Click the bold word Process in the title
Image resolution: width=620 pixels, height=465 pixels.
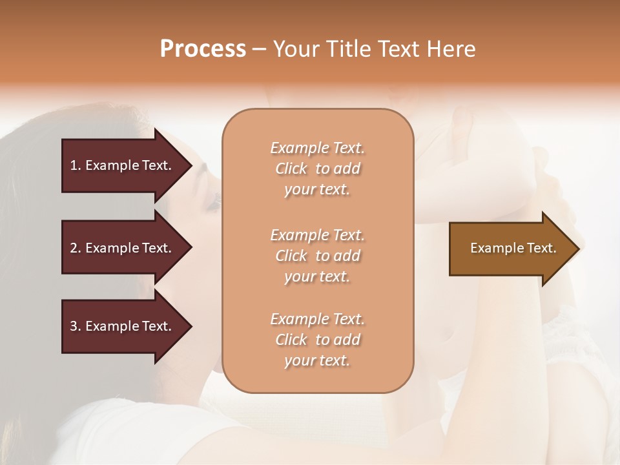(x=203, y=49)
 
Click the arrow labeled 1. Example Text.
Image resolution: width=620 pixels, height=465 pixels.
(x=123, y=165)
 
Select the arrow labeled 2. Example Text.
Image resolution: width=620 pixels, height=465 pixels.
(x=123, y=248)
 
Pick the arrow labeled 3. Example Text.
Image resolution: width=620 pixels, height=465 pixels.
(x=123, y=326)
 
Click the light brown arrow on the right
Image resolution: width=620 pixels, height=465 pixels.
(x=510, y=249)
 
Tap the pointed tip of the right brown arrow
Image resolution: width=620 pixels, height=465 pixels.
(x=578, y=249)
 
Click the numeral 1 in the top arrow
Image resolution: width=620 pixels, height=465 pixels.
(x=74, y=165)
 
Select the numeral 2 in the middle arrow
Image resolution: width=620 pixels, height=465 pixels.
(x=74, y=248)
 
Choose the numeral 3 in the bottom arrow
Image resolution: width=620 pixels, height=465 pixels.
(x=74, y=326)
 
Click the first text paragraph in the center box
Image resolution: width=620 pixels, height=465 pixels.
(x=318, y=169)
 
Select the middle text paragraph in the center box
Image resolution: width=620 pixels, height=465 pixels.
(x=318, y=256)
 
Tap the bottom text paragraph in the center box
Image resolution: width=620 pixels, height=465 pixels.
(x=318, y=340)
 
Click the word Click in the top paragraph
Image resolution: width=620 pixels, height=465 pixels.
(x=291, y=169)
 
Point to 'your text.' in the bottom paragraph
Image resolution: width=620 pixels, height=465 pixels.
(x=317, y=361)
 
